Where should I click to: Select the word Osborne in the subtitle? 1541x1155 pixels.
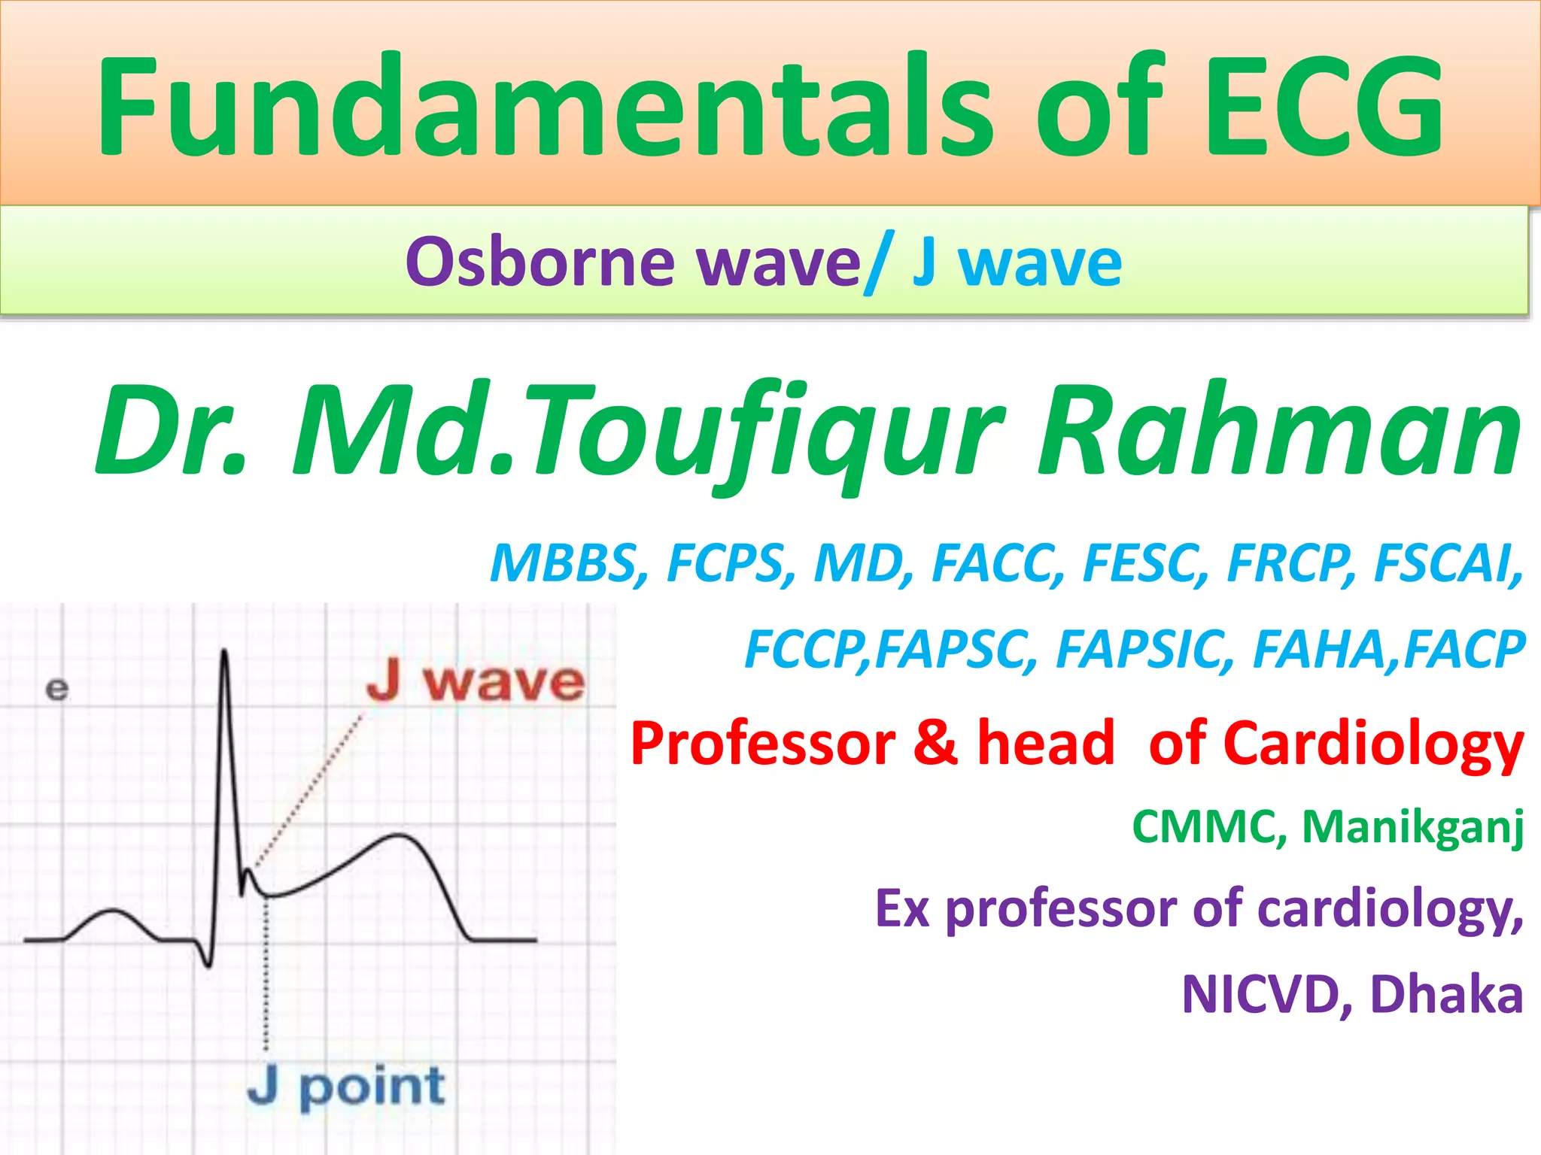click(x=540, y=262)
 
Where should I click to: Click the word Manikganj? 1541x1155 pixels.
click(x=1412, y=828)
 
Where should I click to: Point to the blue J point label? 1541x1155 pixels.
click(x=346, y=1087)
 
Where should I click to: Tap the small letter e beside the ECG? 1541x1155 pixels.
click(x=56, y=689)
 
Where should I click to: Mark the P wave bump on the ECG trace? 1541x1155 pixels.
click(x=113, y=913)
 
